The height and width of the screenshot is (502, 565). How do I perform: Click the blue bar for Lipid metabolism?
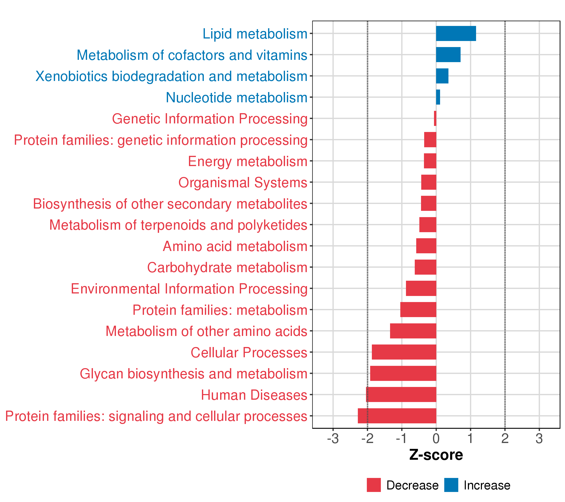456,33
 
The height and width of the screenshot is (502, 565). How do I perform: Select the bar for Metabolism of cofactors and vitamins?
448,55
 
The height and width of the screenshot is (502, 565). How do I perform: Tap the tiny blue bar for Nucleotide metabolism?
438,97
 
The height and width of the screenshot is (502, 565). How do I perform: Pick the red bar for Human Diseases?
401,394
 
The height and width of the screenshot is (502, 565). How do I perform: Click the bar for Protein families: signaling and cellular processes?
397,416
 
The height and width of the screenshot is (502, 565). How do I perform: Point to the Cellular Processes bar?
404,352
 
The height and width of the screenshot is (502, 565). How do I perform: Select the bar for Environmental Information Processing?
421,288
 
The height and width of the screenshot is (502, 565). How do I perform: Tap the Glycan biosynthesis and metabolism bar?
403,373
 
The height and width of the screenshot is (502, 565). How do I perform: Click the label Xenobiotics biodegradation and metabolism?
171,77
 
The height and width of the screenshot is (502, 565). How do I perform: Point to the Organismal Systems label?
243,183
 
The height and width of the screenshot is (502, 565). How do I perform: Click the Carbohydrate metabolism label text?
227,268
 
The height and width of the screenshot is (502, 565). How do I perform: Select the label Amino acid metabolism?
235,246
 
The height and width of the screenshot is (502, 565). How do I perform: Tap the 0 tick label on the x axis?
436,439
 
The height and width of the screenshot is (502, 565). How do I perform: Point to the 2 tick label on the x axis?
505,439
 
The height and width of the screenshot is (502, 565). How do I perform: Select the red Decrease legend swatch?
374,485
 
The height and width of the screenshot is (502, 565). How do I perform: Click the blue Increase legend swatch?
451,485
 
